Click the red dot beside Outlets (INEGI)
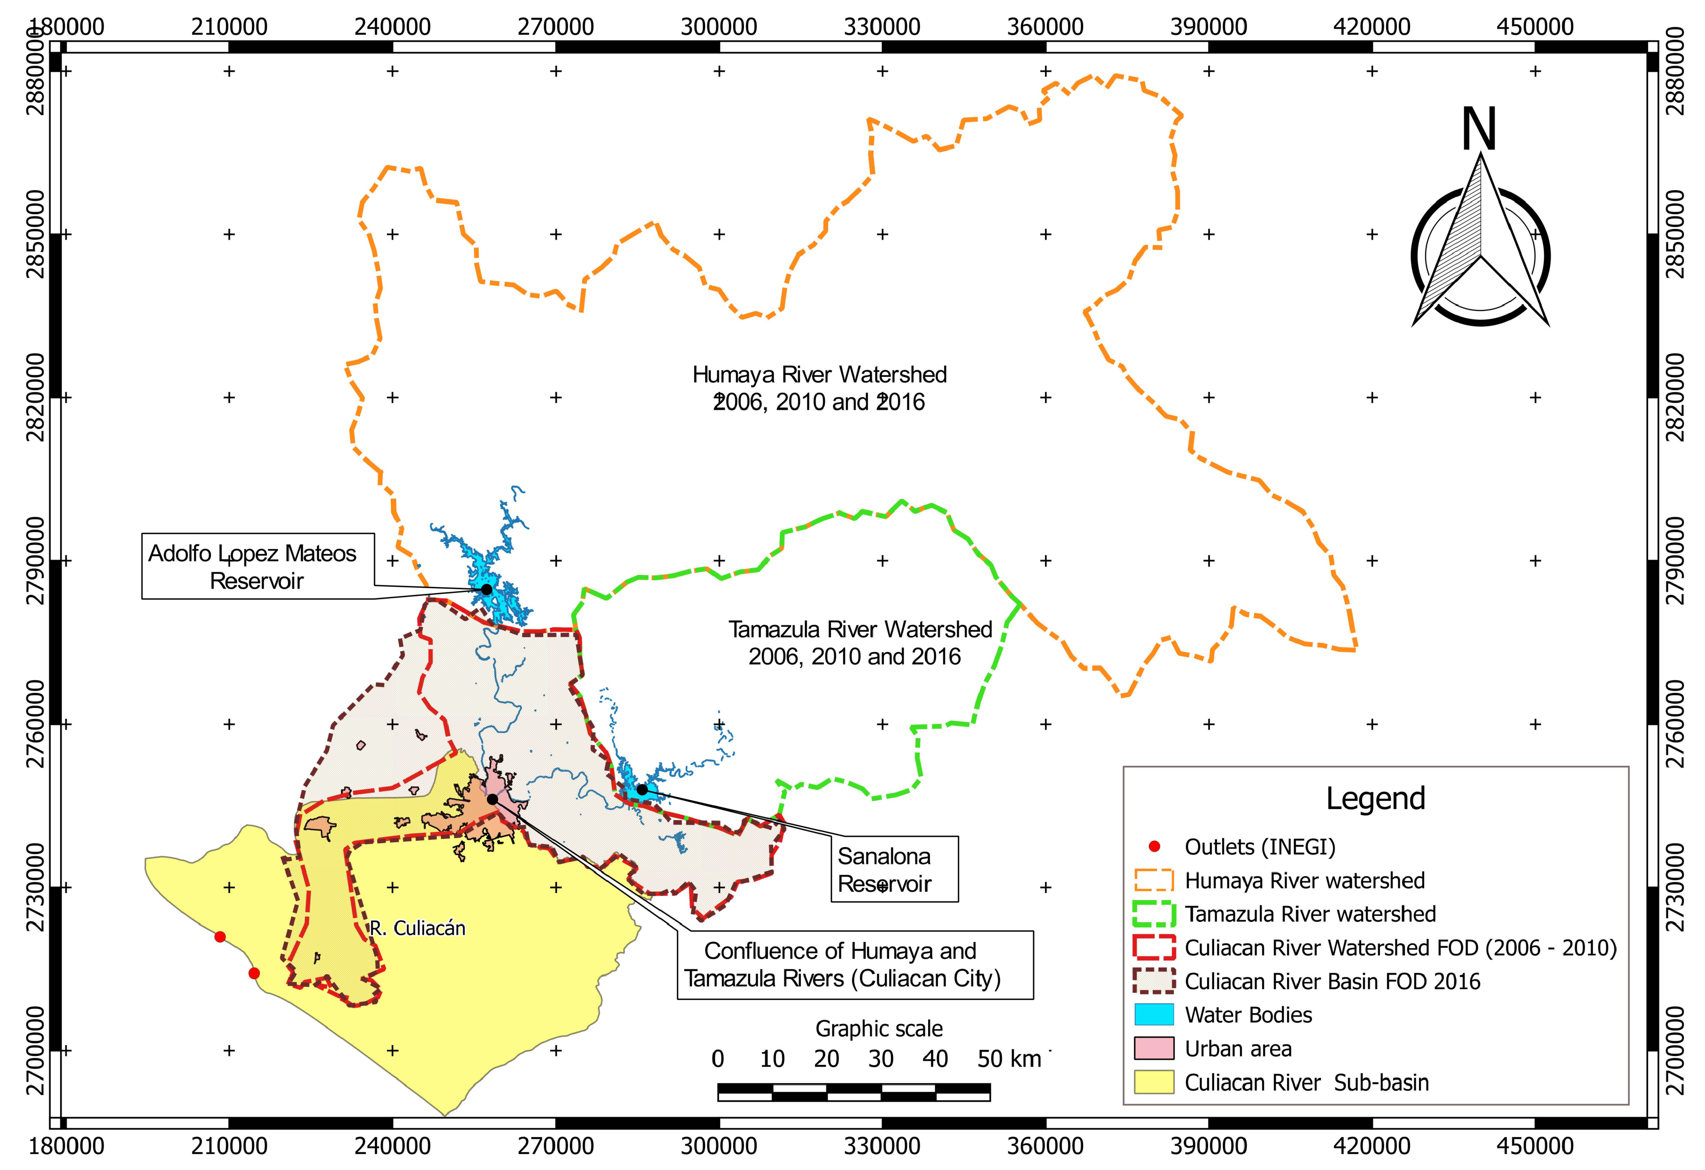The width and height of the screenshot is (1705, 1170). tap(1154, 847)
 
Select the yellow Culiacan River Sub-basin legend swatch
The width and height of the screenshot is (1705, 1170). tap(1154, 1083)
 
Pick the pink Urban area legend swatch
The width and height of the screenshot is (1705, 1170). tap(1154, 1049)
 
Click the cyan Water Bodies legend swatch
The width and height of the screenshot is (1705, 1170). tap(1154, 1015)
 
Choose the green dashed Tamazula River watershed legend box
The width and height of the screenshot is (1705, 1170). tap(1154, 914)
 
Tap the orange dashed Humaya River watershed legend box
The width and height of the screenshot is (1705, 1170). tap(1154, 880)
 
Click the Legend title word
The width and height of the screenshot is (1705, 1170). tap(1375, 798)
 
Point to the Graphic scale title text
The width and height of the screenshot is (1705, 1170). tap(879, 1029)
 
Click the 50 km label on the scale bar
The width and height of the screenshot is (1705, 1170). tap(1009, 1059)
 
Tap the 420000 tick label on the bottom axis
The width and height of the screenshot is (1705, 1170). tap(1372, 1146)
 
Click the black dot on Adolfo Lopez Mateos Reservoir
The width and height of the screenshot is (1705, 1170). tap(487, 589)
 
